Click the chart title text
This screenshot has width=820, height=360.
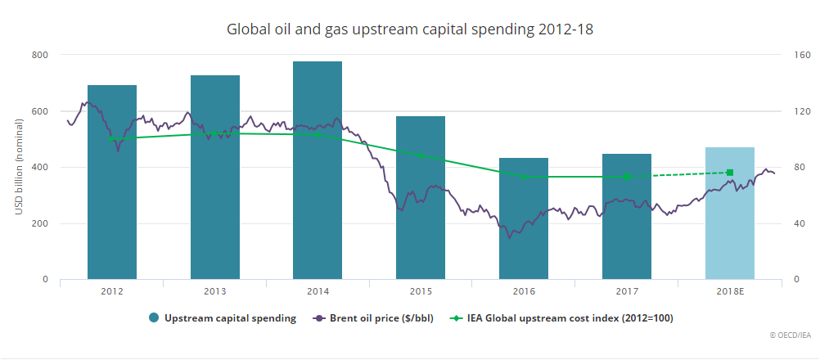point(409,29)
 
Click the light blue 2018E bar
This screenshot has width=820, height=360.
point(730,213)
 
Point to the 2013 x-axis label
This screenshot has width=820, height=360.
point(214,291)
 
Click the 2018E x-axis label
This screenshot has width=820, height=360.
point(730,291)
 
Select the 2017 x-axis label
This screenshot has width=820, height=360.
point(627,291)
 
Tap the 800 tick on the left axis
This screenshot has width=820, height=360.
point(40,55)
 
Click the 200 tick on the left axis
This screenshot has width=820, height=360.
point(40,223)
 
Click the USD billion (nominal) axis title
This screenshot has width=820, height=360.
point(18,167)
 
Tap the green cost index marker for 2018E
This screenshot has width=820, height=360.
point(730,173)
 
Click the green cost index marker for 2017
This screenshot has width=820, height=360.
point(627,176)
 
